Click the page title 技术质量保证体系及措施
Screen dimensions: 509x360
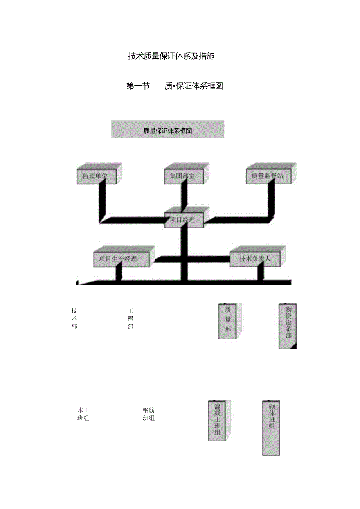pos(171,56)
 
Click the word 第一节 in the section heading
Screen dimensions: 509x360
pos(138,86)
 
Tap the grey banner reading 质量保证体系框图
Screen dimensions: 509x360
pos(167,131)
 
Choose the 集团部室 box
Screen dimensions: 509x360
pos(180,176)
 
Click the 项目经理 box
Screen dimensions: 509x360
pos(182,220)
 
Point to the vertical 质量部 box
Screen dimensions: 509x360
pos(228,320)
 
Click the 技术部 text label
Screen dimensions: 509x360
pos(74,318)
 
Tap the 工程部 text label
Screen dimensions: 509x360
pos(130,318)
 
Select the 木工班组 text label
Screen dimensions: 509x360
pos(83,414)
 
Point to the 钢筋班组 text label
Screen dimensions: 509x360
pos(149,414)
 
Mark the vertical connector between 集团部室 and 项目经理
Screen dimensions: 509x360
pos(184,196)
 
